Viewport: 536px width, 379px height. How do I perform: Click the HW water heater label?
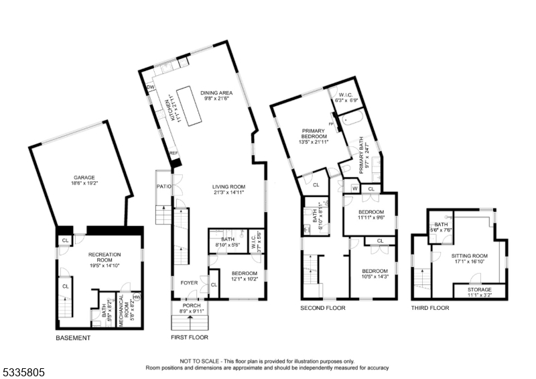[137, 296]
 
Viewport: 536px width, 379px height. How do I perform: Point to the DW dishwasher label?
[151, 87]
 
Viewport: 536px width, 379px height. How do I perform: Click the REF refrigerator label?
[174, 153]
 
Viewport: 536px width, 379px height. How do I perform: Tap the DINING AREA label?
[216, 95]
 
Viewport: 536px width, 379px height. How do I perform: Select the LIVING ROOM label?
[228, 187]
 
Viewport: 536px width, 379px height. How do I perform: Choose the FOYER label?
[190, 282]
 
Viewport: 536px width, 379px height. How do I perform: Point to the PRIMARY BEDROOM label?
[313, 131]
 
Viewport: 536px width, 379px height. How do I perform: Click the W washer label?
[354, 188]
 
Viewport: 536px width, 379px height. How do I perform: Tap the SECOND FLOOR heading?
[323, 308]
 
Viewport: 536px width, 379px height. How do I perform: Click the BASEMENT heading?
[73, 338]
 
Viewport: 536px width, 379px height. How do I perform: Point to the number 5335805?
[23, 370]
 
